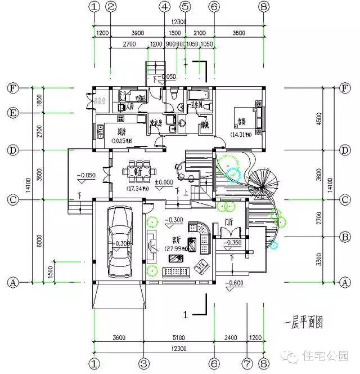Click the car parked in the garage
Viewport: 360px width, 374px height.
[x=119, y=239]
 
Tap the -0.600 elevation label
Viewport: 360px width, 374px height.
[x=235, y=283]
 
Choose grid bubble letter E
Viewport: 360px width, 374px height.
[x=12, y=113]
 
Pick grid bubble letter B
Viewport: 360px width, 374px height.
[x=346, y=237]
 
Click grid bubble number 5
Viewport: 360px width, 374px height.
[x=184, y=7]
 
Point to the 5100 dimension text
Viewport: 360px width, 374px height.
[x=178, y=338]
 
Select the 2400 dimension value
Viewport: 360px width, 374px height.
[x=231, y=338]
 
